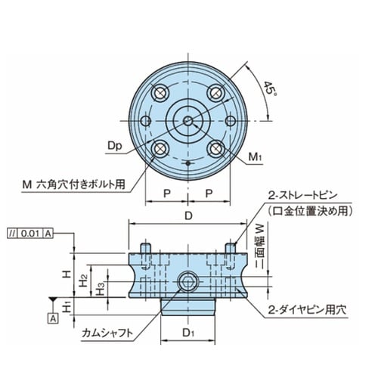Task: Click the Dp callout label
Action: coord(115,146)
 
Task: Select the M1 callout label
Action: coord(256,157)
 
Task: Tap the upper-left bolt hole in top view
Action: coord(160,93)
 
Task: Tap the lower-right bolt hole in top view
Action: coord(216,149)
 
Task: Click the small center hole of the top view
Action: coord(187,121)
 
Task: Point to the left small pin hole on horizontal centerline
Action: coord(146,121)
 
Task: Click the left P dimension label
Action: coord(167,194)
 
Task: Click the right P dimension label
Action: coord(209,194)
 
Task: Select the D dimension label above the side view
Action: coord(188,215)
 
